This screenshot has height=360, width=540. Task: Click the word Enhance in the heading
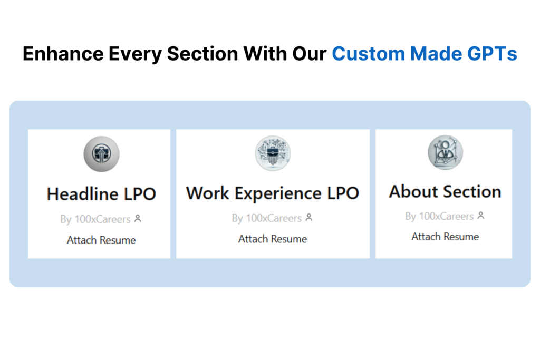[x=63, y=54]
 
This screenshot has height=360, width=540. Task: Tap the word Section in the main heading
[x=202, y=54]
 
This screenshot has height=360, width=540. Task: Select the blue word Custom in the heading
[x=368, y=54]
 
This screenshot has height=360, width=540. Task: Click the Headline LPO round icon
[x=102, y=154]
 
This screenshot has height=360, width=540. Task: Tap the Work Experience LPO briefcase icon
[x=273, y=153]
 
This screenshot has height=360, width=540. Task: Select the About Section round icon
[x=445, y=152]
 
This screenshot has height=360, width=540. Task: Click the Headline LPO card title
[x=101, y=194]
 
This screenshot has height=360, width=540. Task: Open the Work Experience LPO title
[x=273, y=193]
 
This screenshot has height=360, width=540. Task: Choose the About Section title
[x=445, y=191]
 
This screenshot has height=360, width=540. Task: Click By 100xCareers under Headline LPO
[x=95, y=219]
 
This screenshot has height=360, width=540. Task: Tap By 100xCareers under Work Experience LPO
[x=266, y=218]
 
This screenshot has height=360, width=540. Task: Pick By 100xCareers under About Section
[x=439, y=216]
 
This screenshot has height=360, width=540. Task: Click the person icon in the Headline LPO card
[x=138, y=219]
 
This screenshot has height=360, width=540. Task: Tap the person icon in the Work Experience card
[x=309, y=218]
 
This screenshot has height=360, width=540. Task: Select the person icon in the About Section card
[x=481, y=216]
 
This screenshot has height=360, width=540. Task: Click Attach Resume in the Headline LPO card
[x=101, y=240]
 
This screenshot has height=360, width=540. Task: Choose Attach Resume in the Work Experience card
[x=273, y=239]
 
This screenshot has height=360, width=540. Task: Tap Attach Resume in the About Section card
[x=445, y=237]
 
